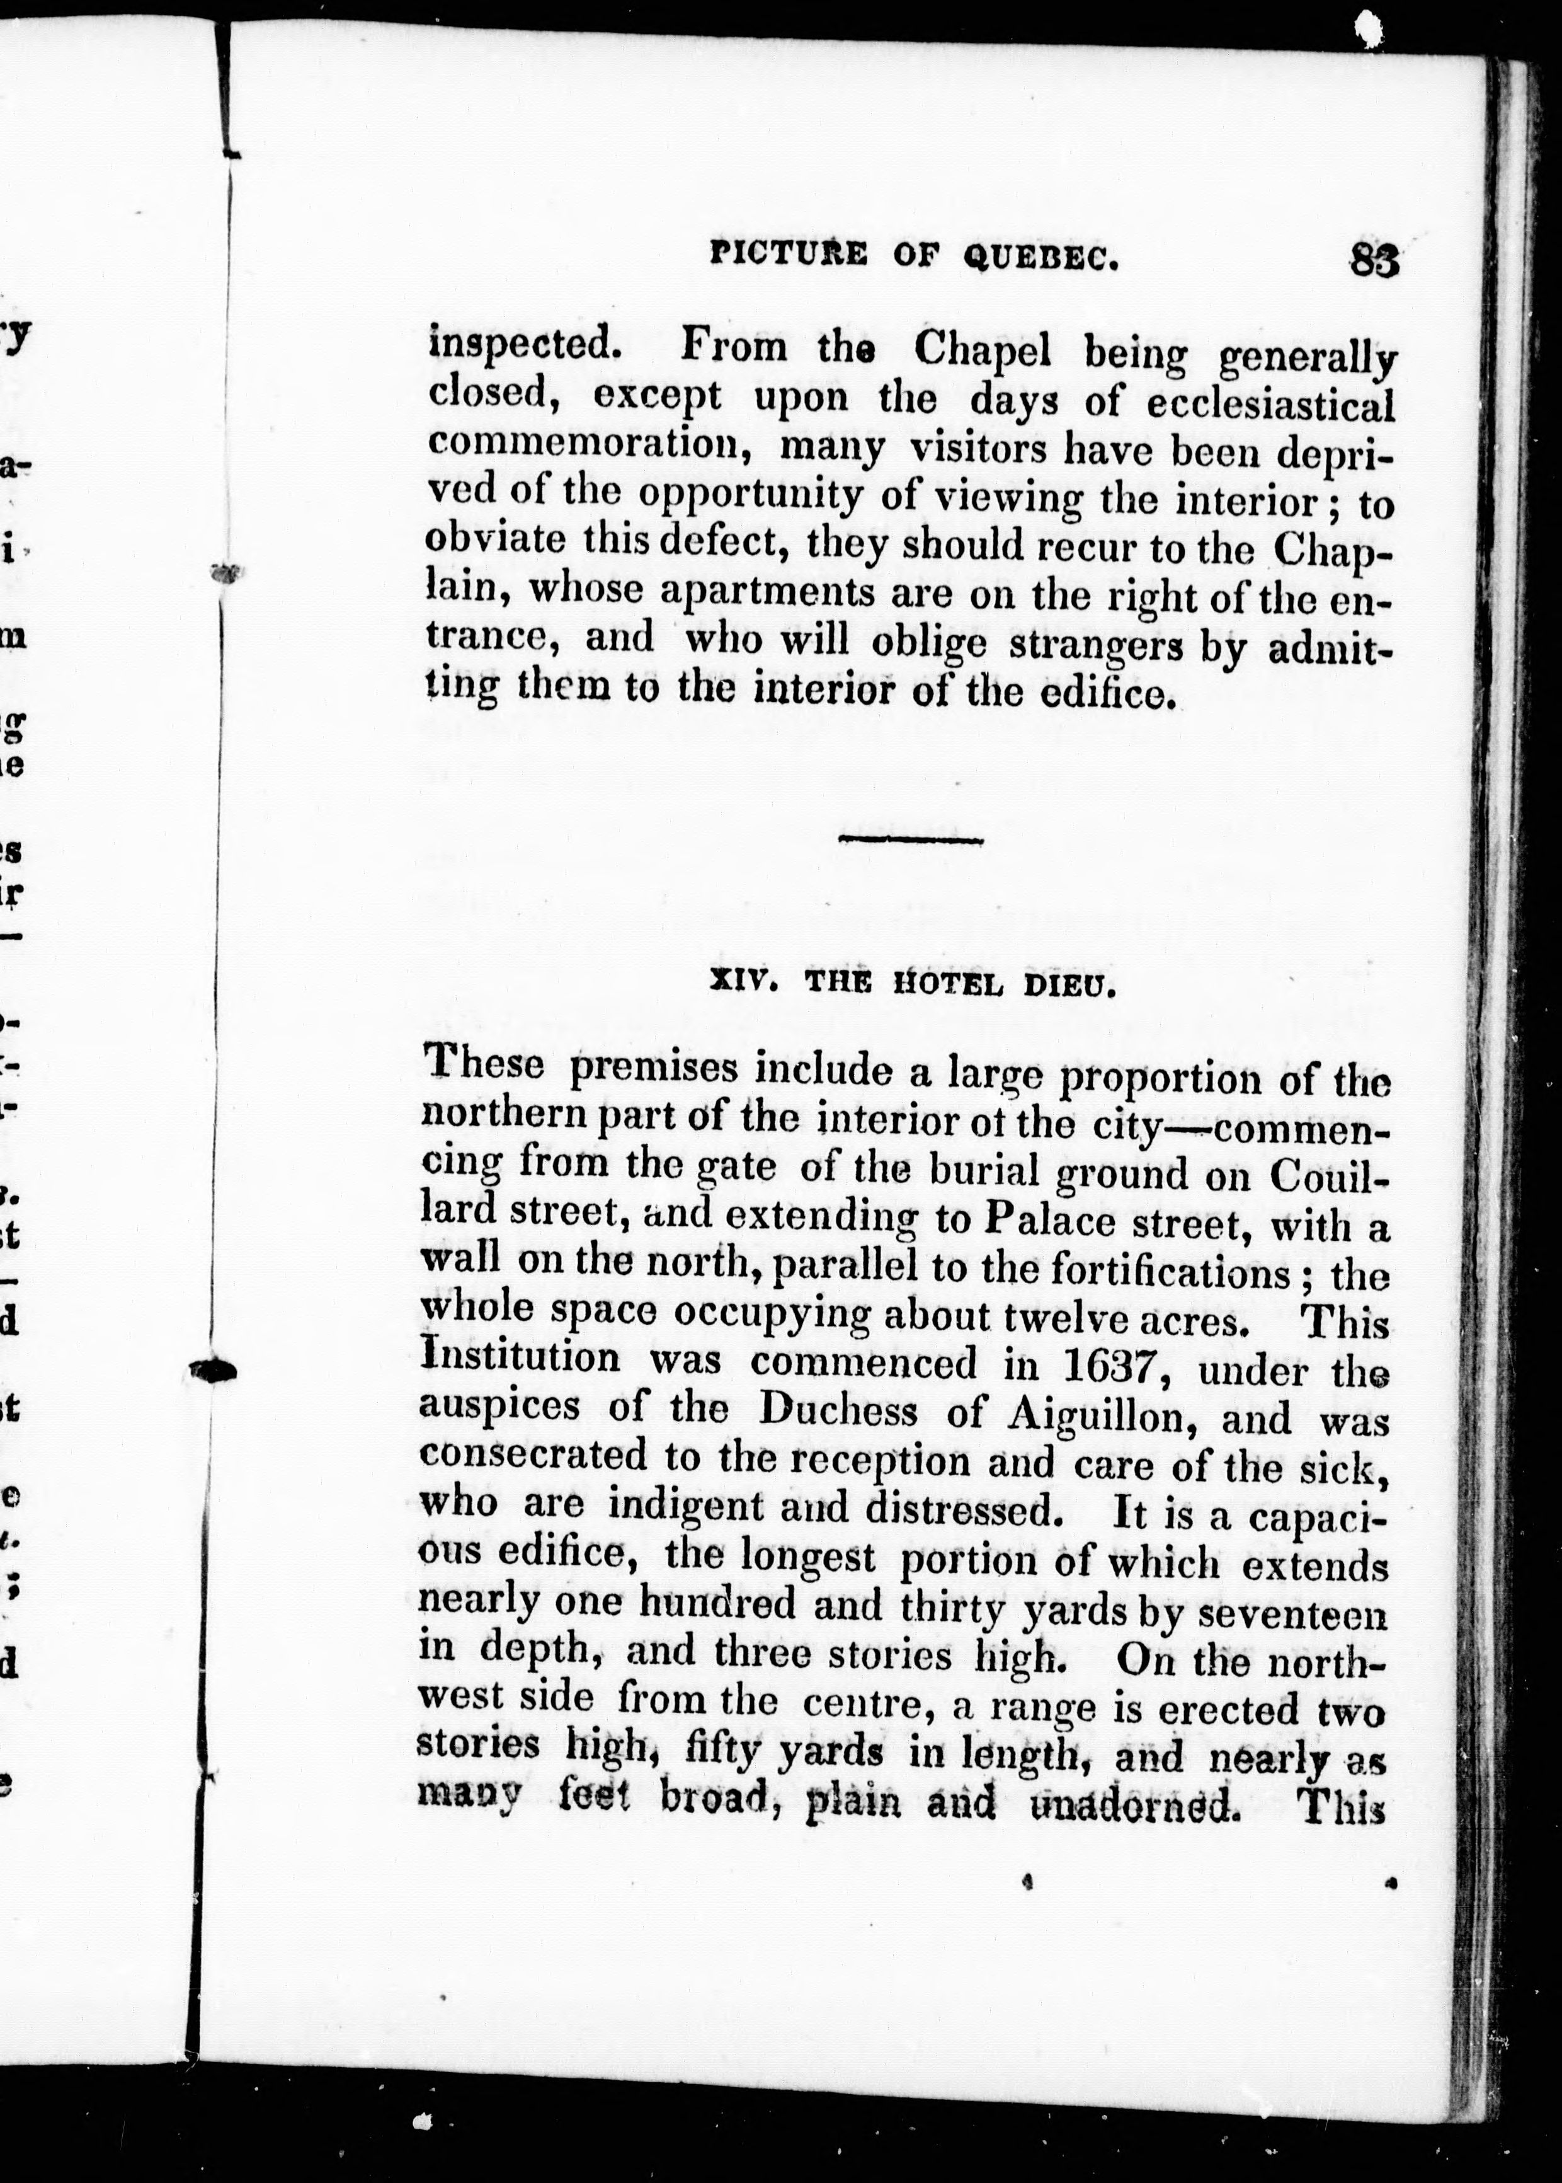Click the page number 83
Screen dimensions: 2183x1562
coord(1374,260)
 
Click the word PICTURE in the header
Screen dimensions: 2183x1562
coord(789,254)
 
